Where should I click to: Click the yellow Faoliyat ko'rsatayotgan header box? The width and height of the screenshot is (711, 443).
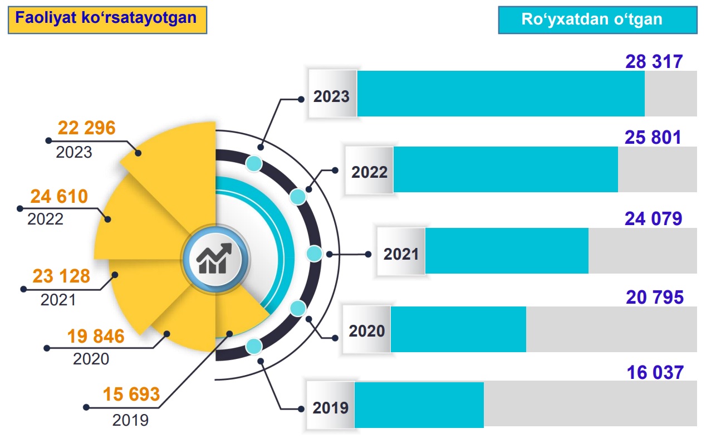106,19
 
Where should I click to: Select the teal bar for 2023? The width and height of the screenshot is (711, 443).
501,94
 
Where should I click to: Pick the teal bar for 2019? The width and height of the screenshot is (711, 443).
419,405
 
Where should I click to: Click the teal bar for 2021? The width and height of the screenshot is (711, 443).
507,251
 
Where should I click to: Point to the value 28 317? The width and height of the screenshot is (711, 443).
654,61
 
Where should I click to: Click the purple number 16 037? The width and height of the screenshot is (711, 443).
655,372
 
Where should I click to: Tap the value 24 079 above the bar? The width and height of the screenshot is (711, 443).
653,219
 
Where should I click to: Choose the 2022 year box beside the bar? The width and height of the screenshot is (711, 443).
369,172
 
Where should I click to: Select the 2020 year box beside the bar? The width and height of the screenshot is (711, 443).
367,330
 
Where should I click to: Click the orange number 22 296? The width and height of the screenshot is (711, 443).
86,128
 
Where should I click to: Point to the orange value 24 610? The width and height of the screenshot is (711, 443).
59,197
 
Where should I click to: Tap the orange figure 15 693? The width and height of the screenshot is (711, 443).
131,395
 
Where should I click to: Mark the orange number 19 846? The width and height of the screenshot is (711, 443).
96,337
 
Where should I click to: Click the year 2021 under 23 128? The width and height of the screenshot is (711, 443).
58,300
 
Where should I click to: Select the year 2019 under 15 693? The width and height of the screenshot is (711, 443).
130,420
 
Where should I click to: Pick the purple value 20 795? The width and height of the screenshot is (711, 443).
655,298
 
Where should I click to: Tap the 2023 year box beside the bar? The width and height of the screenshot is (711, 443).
332,96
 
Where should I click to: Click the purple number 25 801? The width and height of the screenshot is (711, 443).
653,137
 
